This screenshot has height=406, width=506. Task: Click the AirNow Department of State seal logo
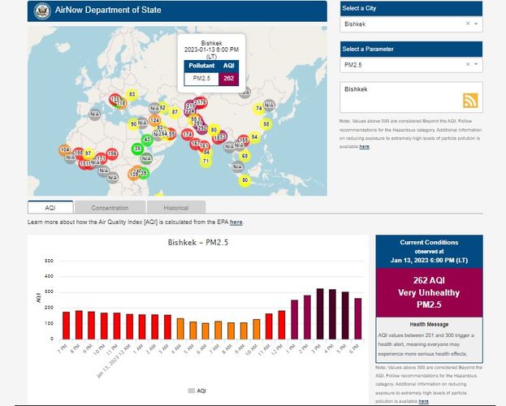41,10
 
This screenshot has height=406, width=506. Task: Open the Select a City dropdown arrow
476,24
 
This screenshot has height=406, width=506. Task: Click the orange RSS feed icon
469,101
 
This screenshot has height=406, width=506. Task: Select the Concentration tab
110,208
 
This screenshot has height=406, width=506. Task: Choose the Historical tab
171,208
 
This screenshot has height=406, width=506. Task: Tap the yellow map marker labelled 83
132,95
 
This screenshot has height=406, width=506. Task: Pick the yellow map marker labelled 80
244,179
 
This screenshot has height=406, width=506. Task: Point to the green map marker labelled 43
147,140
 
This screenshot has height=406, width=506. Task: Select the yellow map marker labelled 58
266,124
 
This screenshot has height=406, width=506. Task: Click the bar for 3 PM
320,313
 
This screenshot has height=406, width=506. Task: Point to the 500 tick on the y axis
50,261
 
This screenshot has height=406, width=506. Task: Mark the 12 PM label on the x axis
281,350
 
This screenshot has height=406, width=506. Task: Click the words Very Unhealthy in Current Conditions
429,292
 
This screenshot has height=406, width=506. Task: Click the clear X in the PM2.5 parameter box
468,63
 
